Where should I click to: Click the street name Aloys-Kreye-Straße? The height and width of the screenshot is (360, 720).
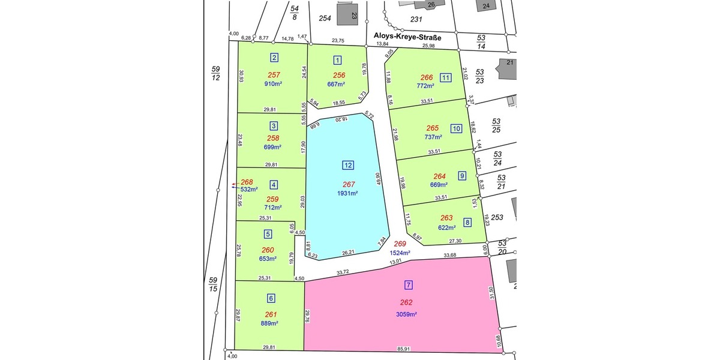[407, 37]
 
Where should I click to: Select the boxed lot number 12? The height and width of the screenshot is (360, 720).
[348, 166]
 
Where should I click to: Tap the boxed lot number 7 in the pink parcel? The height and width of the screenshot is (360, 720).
[409, 285]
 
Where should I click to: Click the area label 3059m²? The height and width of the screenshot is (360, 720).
[406, 314]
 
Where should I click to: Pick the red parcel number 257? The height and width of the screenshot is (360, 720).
[274, 75]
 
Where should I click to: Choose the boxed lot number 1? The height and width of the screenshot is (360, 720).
[338, 59]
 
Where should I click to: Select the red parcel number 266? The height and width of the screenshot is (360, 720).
[427, 77]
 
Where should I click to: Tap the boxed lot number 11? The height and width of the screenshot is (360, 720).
[445, 77]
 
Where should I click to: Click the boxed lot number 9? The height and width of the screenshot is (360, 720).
[461, 176]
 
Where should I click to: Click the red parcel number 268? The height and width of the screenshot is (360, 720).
[247, 182]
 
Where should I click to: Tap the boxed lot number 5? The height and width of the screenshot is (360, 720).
[268, 234]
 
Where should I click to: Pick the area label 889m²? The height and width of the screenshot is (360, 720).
[270, 323]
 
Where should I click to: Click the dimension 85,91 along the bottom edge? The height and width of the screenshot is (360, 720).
[403, 349]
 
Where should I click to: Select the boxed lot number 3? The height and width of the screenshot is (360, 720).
[274, 126]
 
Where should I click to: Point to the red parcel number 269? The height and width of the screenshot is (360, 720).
[400, 244]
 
